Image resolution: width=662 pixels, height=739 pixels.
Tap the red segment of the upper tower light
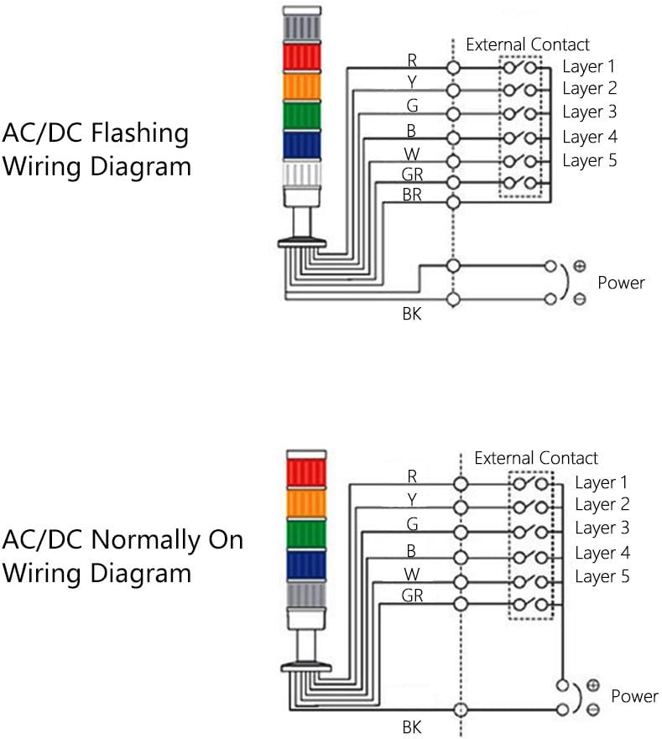[302, 57]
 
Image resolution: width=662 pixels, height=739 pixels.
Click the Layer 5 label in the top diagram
[589, 159]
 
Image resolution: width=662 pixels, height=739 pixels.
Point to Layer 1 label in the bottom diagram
[601, 482]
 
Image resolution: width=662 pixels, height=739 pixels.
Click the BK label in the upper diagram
[412, 315]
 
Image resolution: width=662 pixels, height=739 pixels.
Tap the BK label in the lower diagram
[411, 727]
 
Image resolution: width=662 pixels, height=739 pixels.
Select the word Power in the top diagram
[621, 283]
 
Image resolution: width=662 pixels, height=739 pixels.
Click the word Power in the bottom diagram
[634, 696]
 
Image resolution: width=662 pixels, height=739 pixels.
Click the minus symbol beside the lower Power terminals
[593, 710]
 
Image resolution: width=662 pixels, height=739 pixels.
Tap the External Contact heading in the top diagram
[528, 44]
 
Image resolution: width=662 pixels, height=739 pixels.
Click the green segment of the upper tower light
[302, 114]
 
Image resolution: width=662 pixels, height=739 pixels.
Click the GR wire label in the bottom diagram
[412, 596]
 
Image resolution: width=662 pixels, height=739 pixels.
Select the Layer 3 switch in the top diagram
[521, 112]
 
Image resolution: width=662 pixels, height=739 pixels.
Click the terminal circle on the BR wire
[453, 201]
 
